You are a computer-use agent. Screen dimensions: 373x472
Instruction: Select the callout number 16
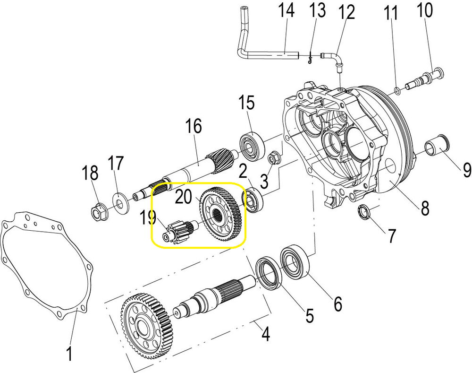tap(194, 126)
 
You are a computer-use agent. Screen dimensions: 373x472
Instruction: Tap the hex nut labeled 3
tap(272, 157)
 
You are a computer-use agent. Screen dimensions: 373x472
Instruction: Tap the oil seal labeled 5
tap(268, 273)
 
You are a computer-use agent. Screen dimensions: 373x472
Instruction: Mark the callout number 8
tap(425, 208)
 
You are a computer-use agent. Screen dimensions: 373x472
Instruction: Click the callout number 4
tap(265, 334)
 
